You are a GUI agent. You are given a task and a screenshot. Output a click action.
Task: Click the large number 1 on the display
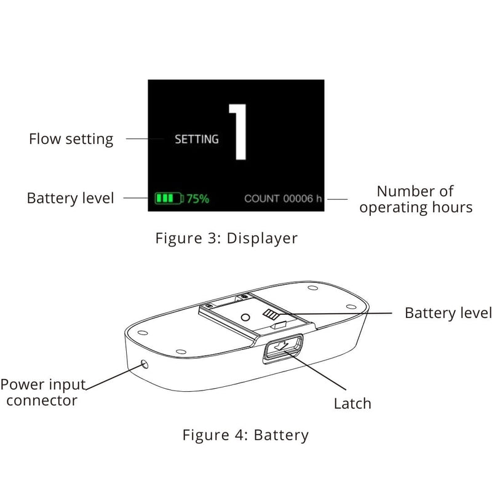coord(238,132)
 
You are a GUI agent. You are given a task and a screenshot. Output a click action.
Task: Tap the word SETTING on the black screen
coord(197,140)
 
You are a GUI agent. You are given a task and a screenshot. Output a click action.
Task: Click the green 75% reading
coord(198,199)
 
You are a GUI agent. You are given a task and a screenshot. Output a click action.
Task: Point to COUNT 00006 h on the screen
coord(283,199)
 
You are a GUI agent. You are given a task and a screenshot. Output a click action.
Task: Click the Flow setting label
coord(71,139)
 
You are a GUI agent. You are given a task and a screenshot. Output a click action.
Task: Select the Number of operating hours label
coord(416,199)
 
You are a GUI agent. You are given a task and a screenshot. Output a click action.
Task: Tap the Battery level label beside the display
coord(70,199)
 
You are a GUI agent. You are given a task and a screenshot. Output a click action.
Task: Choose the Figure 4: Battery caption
coord(245,435)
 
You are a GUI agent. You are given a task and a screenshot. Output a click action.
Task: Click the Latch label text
coord(352,404)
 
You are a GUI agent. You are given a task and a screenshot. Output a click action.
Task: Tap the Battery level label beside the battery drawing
coord(448,313)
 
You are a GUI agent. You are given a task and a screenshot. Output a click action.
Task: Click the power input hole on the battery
coord(145,363)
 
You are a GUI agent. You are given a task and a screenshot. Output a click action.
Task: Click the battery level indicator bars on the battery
coord(271,315)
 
